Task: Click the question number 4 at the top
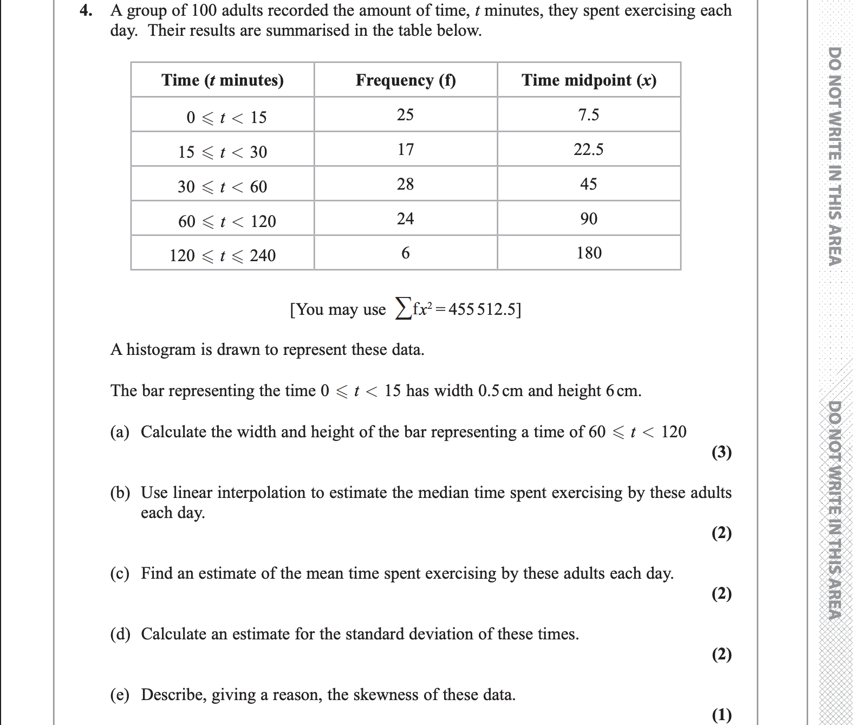[84, 11]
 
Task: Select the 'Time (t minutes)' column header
[222, 80]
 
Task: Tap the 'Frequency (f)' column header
[406, 80]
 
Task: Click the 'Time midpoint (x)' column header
[589, 80]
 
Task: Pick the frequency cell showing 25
[405, 115]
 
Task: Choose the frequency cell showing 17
[405, 150]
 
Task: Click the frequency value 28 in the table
[405, 184]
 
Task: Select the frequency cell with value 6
[405, 253]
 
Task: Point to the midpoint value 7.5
[589, 115]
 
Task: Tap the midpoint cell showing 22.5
[589, 150]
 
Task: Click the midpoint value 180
[589, 253]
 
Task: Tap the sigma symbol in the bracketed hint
[402, 309]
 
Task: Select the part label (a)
[120, 432]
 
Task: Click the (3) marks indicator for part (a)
[721, 452]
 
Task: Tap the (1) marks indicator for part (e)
[721, 715]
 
